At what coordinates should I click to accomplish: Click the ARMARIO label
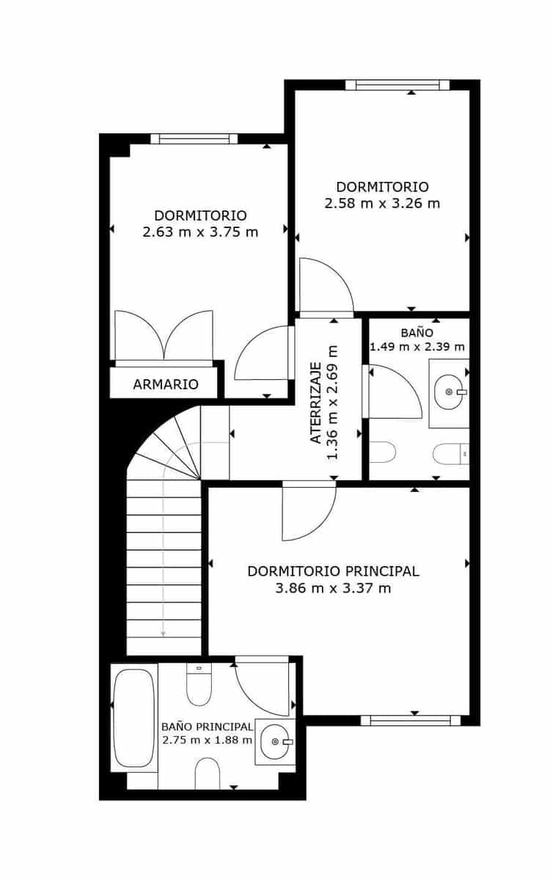coord(166,384)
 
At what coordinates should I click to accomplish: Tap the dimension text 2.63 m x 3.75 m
coord(200,232)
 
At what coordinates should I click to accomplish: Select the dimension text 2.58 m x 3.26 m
coord(382,203)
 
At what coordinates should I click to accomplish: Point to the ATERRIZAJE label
coord(315,403)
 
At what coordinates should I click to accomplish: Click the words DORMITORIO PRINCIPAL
coord(333,571)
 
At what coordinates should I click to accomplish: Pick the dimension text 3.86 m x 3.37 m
coord(333,588)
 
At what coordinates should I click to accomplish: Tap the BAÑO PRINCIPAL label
coord(207,726)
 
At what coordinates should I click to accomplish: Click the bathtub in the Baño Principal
coord(133,717)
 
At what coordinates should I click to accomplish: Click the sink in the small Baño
coord(448,392)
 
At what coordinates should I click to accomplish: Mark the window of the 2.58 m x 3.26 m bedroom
coord(397,85)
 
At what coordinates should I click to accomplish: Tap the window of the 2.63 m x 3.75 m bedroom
coord(194,139)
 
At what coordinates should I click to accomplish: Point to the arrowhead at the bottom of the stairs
coord(163,634)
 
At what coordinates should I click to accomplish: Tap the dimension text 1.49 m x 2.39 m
coord(417,347)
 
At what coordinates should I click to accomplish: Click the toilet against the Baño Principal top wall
coord(199,683)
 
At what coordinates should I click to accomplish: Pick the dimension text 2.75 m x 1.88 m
coord(207,740)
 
